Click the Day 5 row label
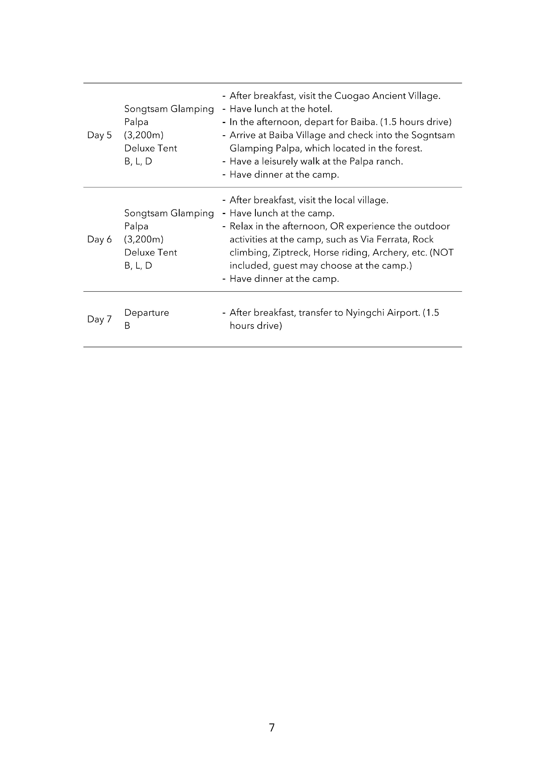pyautogui.click(x=99, y=135)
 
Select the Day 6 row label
pyautogui.click(x=99, y=240)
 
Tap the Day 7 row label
pyautogui.click(x=99, y=319)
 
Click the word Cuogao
pyautogui.click(x=352, y=96)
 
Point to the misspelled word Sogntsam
pyautogui.click(x=433, y=135)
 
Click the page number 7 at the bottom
pyautogui.click(x=271, y=727)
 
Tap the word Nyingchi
pyautogui.click(x=365, y=313)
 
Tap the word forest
pyautogui.click(x=408, y=148)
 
